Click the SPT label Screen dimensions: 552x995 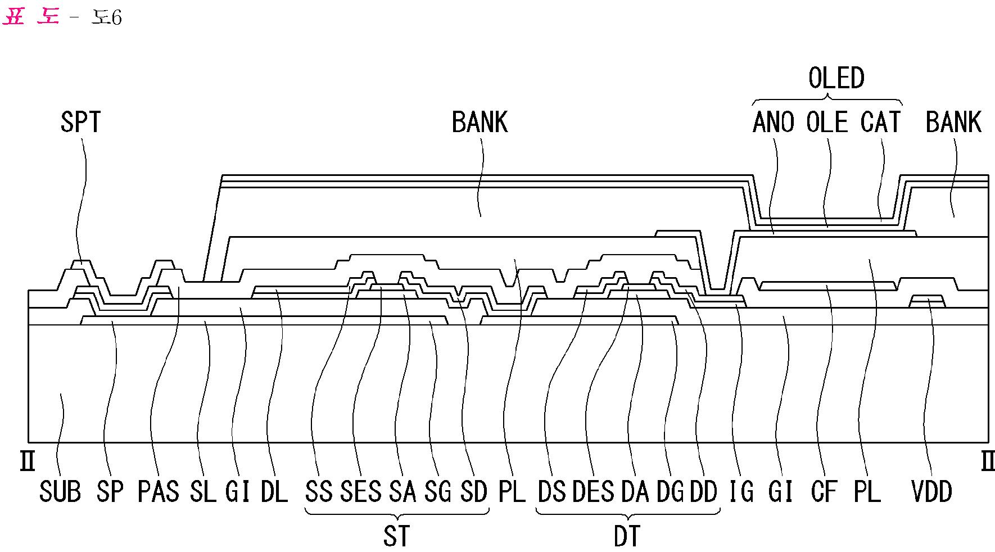tap(80, 122)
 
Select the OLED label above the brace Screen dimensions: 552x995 tap(836, 78)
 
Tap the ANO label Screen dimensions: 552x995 tap(773, 122)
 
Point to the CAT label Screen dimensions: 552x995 tap(880, 122)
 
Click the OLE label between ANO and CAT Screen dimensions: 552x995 tap(827, 122)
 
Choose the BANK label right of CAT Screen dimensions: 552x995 tap(953, 122)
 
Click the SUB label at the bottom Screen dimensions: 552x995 tap(60, 491)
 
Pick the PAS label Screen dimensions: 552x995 tap(158, 491)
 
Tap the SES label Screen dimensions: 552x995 tap(361, 491)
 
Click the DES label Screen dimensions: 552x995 tap(593, 491)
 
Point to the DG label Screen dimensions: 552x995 tap(670, 491)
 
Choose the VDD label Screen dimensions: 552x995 tap(931, 491)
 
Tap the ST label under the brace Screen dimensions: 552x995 tap(397, 536)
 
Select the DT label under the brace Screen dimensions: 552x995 tap(627, 536)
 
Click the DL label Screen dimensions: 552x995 tap(274, 491)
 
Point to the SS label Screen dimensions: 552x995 tap(319, 491)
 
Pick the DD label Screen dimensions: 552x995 tap(704, 491)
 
